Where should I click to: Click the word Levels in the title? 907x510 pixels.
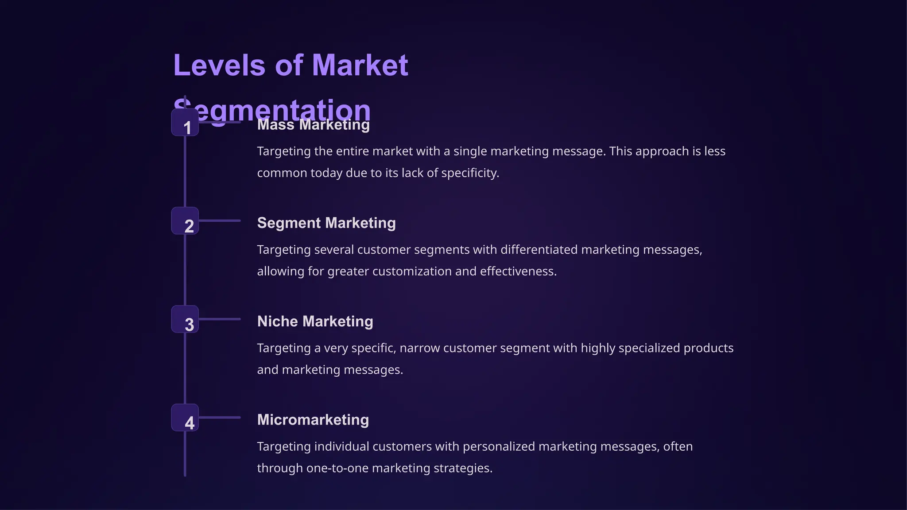219,66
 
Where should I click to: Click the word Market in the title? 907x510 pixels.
360,66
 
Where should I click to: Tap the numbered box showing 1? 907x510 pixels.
185,124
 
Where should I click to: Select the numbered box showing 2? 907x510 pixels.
185,221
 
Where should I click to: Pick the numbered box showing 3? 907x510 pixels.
185,319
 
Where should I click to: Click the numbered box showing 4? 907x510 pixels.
185,418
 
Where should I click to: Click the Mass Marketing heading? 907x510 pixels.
313,125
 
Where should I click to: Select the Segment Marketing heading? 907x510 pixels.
326,223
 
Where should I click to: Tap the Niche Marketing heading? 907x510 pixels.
315,321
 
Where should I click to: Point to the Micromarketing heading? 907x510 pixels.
313,420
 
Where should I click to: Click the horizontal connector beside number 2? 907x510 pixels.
220,220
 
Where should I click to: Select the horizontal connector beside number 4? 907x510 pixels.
220,417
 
